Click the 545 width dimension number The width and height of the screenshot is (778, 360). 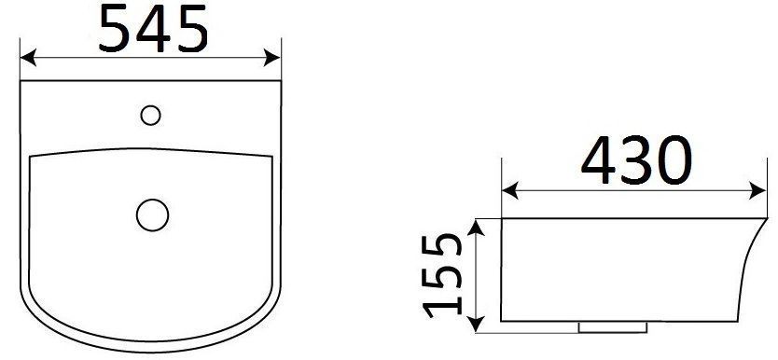coord(153,29)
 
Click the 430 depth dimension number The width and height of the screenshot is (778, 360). coord(636,160)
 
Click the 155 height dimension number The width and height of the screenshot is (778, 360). coord(442,275)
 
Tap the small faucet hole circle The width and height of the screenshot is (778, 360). coord(150,115)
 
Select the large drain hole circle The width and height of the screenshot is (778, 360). coord(152,215)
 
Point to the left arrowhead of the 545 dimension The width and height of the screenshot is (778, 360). coord(28,58)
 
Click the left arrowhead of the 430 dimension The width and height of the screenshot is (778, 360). coord(510,190)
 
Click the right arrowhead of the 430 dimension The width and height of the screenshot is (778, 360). coord(758,190)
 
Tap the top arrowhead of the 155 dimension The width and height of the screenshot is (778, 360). coord(476,228)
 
